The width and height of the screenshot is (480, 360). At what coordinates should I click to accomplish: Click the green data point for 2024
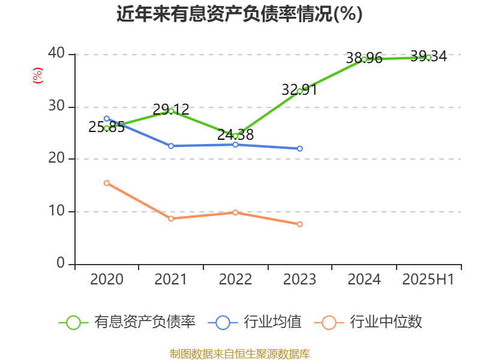(x=364, y=59)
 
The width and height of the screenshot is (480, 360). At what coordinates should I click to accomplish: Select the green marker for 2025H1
(x=429, y=57)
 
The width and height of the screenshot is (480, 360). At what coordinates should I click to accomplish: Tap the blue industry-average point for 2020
(x=107, y=119)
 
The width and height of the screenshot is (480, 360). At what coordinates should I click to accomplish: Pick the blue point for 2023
(x=300, y=148)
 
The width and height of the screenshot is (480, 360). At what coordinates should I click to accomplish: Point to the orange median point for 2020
(x=107, y=183)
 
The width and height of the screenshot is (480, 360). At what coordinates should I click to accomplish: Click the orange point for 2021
(x=171, y=218)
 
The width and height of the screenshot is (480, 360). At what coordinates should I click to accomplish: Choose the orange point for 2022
(x=235, y=212)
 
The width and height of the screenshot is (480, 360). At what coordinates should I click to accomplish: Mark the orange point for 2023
(x=300, y=224)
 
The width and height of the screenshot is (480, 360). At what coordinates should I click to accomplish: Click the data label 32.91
(x=299, y=90)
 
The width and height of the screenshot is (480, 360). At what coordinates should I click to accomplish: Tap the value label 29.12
(x=171, y=109)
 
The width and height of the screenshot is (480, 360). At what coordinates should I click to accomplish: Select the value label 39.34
(x=429, y=56)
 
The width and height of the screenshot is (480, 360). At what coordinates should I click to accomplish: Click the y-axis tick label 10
(x=57, y=211)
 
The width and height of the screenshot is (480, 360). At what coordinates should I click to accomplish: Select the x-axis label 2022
(x=235, y=279)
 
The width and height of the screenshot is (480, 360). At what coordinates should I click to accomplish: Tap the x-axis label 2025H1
(x=428, y=279)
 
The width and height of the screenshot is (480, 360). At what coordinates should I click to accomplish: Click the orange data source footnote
(x=239, y=353)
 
